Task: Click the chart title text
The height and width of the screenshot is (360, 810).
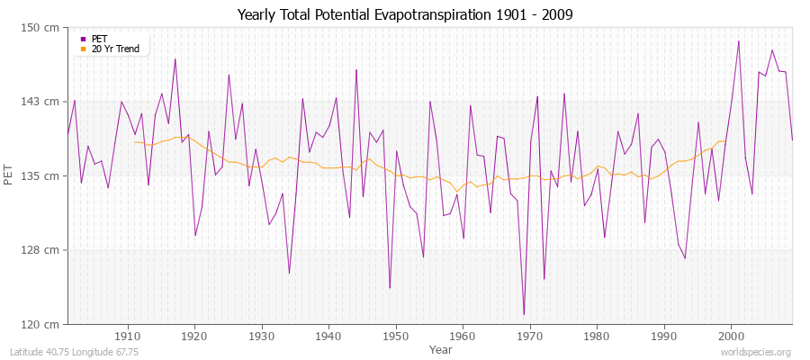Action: (x=404, y=14)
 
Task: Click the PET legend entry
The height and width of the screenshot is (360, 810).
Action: (x=99, y=39)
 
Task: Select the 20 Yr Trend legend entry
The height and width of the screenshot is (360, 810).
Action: (x=114, y=49)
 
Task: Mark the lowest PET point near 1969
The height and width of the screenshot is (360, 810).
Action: (x=524, y=314)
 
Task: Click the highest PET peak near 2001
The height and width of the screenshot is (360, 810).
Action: (x=739, y=41)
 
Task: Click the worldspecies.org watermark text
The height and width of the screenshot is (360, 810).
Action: (x=757, y=352)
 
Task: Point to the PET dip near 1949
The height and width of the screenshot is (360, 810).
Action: (x=390, y=288)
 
